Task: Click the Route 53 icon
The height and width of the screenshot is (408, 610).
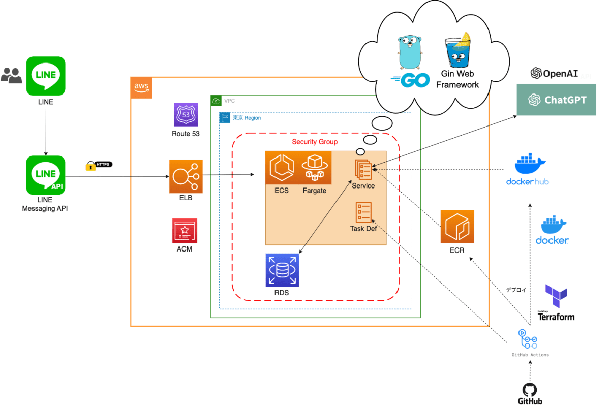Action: click(x=185, y=115)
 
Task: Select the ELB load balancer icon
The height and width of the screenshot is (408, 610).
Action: click(x=186, y=176)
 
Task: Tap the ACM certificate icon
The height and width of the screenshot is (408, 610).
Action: click(x=185, y=231)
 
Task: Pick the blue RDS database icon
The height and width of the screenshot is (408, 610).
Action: click(x=282, y=270)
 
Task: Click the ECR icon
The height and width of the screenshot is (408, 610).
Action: click(x=457, y=227)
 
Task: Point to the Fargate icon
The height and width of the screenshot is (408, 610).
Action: click(x=314, y=168)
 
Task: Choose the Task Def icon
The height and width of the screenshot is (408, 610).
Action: click(x=363, y=212)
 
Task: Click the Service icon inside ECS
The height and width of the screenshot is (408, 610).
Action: click(x=363, y=169)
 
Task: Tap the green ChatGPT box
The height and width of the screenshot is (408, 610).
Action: click(x=556, y=100)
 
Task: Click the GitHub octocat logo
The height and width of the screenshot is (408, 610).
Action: click(x=530, y=390)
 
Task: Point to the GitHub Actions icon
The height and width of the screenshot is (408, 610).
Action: click(x=529, y=338)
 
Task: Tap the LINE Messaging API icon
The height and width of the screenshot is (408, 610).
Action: click(x=46, y=175)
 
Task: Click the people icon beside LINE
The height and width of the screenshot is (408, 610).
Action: click(x=11, y=75)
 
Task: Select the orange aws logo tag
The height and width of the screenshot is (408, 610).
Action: click(x=141, y=87)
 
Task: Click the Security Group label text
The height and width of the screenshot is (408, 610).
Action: click(x=315, y=142)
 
